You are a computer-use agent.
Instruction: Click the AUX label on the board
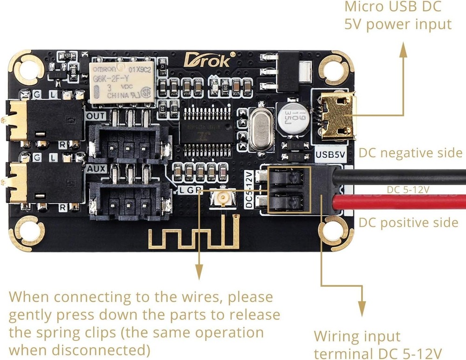tap(96, 167)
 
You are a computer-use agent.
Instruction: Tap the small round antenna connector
tap(223, 200)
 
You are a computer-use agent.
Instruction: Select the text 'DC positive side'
tap(408, 222)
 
